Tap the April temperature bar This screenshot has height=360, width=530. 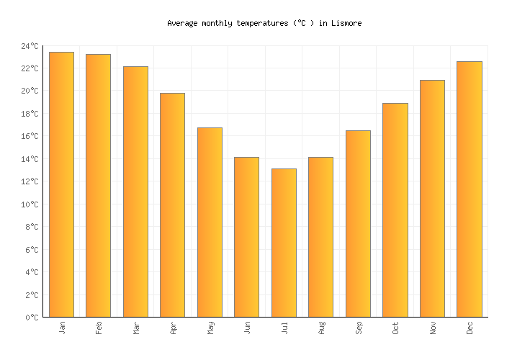[173, 205]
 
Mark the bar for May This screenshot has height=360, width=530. [210, 222]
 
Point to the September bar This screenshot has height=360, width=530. [358, 224]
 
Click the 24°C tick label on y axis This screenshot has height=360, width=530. [30, 46]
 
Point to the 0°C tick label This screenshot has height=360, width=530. [32, 318]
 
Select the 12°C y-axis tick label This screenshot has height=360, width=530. [30, 181]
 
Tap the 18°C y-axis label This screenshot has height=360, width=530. [30, 114]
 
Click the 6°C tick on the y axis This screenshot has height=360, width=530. [32, 250]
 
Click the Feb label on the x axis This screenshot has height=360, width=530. [99, 328]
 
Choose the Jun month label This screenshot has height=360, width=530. [247, 328]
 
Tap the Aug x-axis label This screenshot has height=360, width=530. [321, 328]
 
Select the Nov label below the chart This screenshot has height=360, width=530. [432, 328]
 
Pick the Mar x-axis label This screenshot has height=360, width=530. [136, 328]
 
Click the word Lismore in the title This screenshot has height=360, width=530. [346, 23]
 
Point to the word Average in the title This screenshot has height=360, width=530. [182, 23]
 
